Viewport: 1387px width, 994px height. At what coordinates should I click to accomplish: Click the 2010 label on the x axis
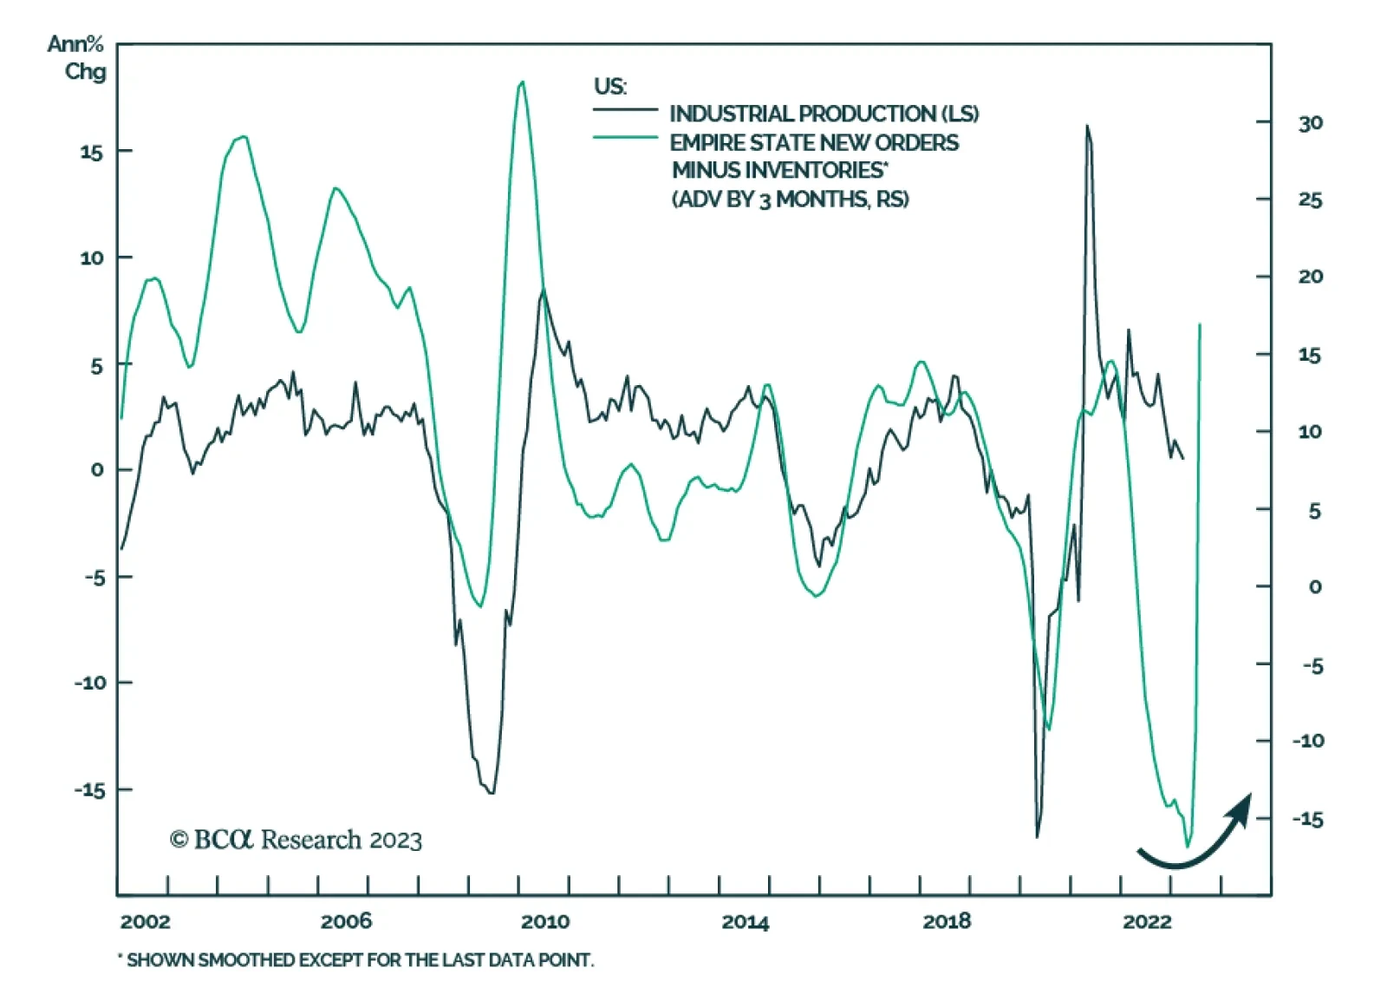point(545,921)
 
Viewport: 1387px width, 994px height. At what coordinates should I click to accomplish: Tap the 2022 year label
point(1147,921)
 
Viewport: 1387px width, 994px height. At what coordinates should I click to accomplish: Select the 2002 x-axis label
point(145,921)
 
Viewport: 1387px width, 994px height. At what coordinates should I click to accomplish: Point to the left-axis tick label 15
point(91,153)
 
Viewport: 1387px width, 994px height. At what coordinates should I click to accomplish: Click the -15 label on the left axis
point(88,790)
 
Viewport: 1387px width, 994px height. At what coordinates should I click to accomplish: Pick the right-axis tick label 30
point(1310,123)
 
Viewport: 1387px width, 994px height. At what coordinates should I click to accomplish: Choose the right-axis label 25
point(1310,200)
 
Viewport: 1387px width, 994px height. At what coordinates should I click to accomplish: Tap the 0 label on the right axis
point(1315,587)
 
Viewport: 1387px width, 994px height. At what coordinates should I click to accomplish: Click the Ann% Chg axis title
point(77,57)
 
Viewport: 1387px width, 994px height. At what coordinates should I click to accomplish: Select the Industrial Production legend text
point(824,114)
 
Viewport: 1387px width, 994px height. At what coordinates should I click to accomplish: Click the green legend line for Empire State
point(625,137)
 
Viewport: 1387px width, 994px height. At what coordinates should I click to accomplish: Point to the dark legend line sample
point(625,109)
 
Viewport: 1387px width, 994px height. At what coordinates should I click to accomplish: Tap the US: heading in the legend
point(610,86)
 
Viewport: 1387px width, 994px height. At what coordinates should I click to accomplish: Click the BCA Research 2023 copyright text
point(296,840)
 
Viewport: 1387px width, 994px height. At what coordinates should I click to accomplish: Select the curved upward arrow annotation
point(1197,836)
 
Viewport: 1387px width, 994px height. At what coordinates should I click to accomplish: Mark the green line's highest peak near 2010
point(521,82)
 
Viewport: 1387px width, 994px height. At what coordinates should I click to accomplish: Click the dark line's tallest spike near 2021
point(1087,127)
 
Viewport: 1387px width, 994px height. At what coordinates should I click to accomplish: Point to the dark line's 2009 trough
point(492,792)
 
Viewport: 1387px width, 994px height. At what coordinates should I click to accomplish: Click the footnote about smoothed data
point(356,960)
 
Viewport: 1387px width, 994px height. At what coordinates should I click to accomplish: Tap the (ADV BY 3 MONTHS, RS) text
point(790,199)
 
